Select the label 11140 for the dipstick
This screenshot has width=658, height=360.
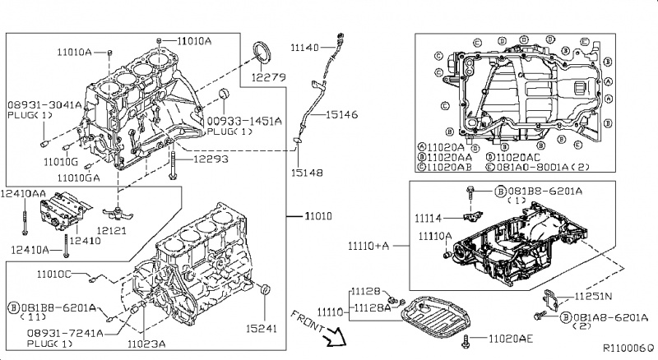tap(305, 48)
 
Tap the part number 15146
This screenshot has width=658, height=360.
tap(341, 114)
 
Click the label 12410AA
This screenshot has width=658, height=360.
tap(24, 193)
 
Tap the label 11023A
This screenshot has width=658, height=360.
tap(149, 344)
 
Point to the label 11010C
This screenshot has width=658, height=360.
tap(56, 273)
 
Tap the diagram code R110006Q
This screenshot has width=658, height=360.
tap(628, 349)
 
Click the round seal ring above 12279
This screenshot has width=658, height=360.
tap(265, 52)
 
